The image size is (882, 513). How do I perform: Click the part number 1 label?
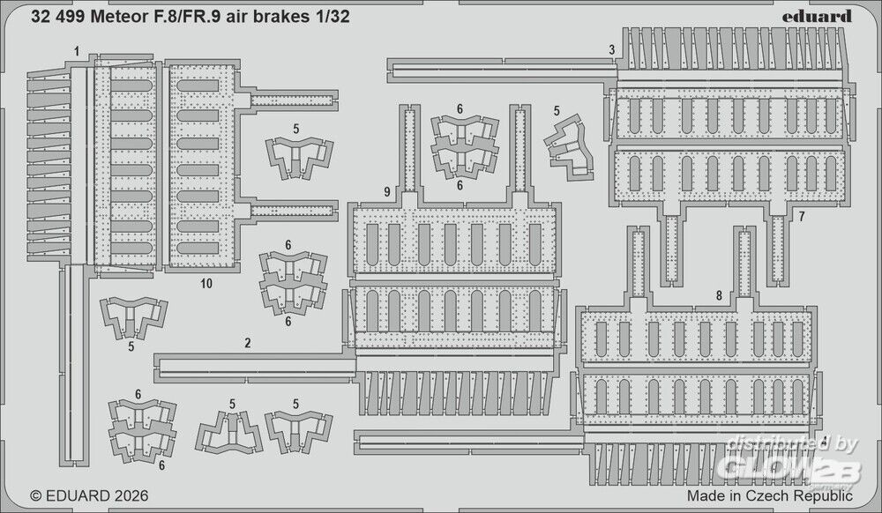click(77, 52)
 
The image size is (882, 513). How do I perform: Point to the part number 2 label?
click(248, 343)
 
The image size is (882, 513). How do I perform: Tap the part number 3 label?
click(611, 50)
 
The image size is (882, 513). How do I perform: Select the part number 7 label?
click(802, 216)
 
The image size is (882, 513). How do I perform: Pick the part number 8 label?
click(718, 296)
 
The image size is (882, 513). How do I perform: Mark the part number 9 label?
click(387, 192)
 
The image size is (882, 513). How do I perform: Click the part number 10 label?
click(206, 284)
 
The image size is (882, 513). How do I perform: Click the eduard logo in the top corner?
click(818, 16)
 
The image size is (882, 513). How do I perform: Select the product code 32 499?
click(58, 17)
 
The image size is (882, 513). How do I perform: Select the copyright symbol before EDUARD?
click(36, 496)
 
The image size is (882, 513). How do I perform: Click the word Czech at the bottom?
click(768, 495)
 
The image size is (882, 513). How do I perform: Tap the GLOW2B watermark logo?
click(792, 469)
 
